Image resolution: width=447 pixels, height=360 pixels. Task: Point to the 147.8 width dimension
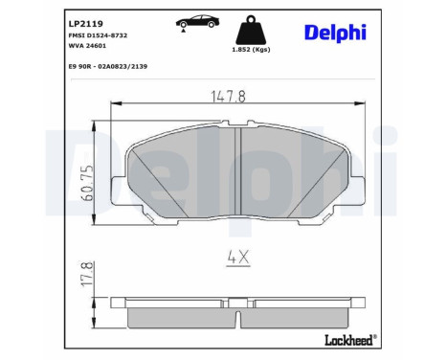pos(230,94)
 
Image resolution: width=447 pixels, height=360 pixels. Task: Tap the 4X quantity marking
pos(236,256)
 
